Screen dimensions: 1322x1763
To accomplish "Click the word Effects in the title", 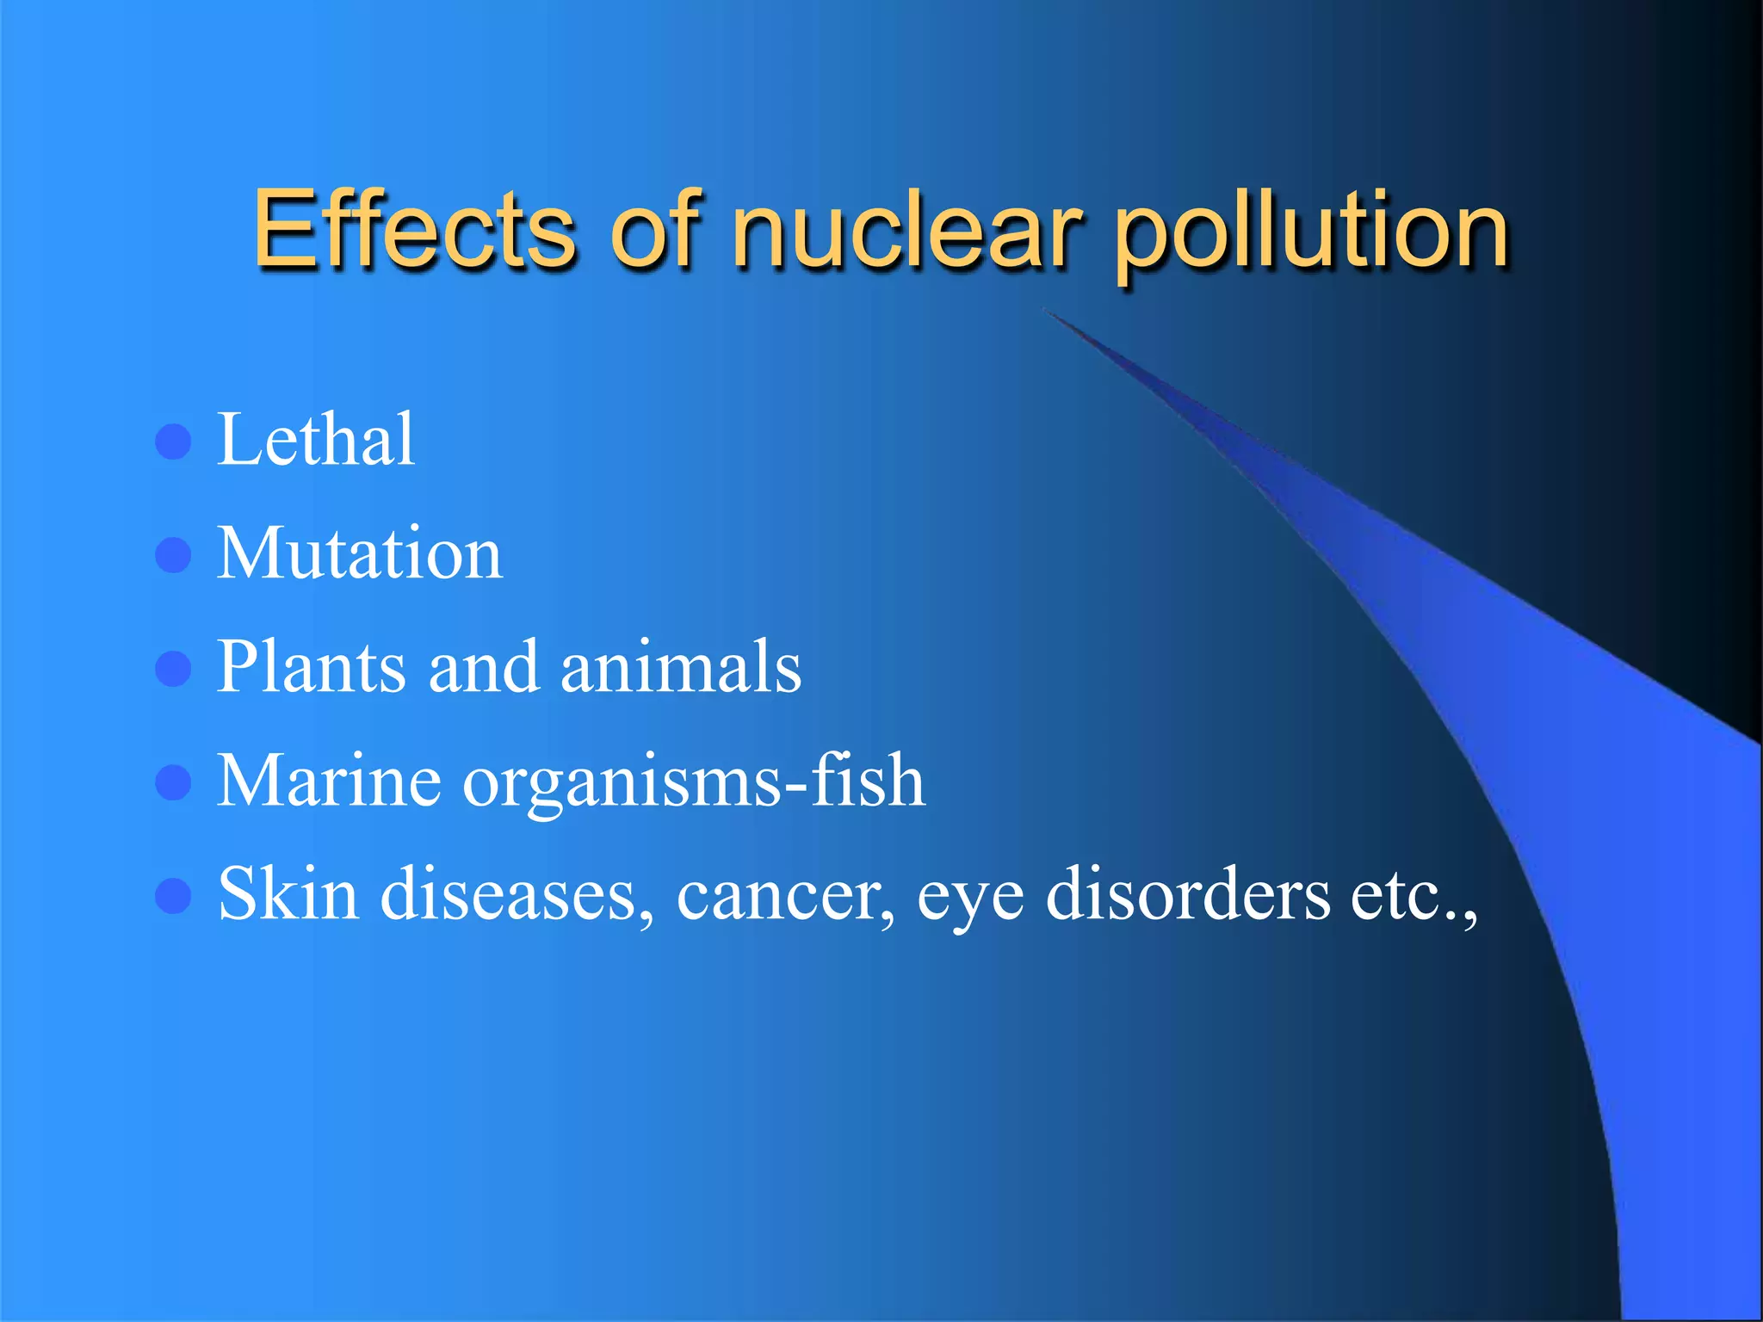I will (413, 229).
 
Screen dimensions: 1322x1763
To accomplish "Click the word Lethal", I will (316, 440).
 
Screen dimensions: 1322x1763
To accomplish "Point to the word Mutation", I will (360, 553).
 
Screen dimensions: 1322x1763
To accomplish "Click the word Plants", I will (311, 667).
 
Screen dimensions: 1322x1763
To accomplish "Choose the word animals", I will (681, 667).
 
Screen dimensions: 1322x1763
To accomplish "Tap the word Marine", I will (330, 781).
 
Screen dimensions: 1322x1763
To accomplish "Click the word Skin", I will (288, 894).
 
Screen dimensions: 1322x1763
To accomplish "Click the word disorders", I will (1189, 894).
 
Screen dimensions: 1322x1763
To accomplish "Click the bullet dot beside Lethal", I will (173, 442).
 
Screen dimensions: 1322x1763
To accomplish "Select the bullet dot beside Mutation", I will (173, 555).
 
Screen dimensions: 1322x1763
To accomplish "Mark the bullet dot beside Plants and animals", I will (173, 669).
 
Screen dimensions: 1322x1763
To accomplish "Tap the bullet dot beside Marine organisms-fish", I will (173, 783).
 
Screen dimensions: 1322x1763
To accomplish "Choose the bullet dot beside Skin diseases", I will (173, 896).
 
